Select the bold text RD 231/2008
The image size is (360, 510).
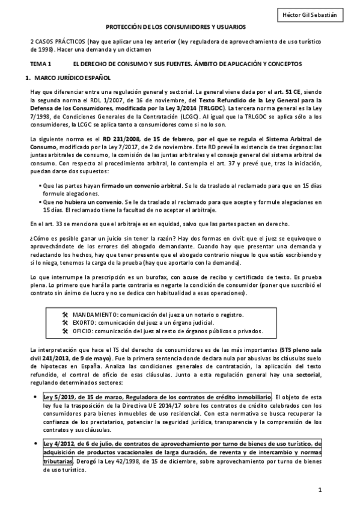coord(123,138)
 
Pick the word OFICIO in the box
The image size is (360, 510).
coord(84,330)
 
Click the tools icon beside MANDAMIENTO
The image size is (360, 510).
coord(65,315)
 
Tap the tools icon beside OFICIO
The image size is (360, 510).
coord(65,330)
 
